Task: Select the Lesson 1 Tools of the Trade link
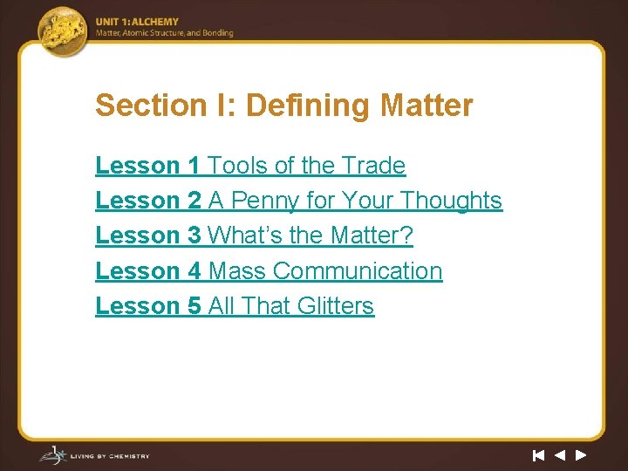click(250, 166)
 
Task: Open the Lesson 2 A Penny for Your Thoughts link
click(298, 201)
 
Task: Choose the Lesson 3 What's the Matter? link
click(254, 235)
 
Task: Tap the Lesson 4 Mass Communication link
click(269, 271)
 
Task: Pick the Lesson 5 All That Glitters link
click(235, 306)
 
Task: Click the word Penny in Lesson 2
click(265, 201)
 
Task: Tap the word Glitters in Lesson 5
click(335, 306)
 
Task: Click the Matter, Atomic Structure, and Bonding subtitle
click(164, 34)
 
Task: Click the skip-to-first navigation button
click(538, 454)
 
